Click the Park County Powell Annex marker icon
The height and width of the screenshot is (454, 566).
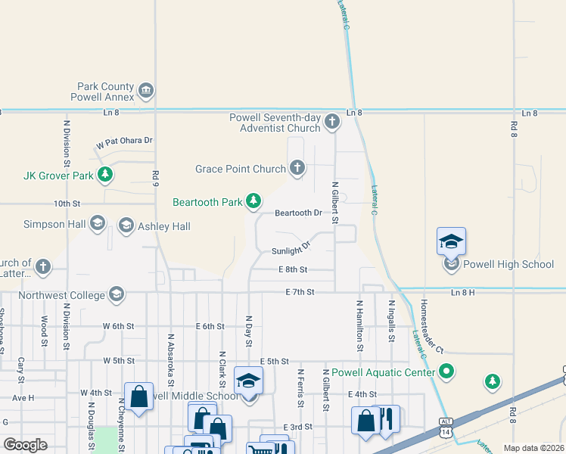pyautogui.click(x=146, y=92)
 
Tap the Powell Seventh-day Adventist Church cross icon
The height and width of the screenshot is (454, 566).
pyautogui.click(x=331, y=122)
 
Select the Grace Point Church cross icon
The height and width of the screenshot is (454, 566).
pyautogui.click(x=297, y=168)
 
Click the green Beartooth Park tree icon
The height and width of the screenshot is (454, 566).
pyautogui.click(x=254, y=201)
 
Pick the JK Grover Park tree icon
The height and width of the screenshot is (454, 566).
pyautogui.click(x=105, y=176)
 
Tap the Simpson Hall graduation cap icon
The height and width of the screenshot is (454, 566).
pyautogui.click(x=97, y=223)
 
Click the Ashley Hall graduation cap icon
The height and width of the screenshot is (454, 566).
pyautogui.click(x=126, y=225)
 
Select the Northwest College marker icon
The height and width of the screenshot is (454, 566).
pyautogui.click(x=116, y=294)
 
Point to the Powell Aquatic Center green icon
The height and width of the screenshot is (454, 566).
pyautogui.click(x=446, y=372)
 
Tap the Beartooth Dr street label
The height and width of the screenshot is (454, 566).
pyautogui.click(x=298, y=213)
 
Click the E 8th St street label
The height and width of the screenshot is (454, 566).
pyautogui.click(x=293, y=269)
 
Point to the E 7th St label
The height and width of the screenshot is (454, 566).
pyautogui.click(x=300, y=292)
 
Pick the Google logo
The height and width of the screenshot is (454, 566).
pyautogui.click(x=25, y=445)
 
